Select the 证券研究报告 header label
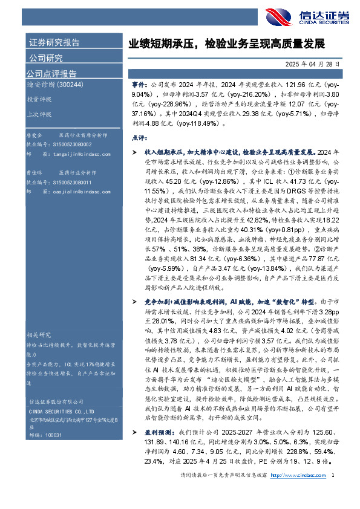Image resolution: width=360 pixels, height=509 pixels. pos(54,43)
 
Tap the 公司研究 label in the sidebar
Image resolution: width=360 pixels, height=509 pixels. pos(46,58)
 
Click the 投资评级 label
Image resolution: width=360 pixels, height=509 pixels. pos(38,100)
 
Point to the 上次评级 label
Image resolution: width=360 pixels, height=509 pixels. pos(38,113)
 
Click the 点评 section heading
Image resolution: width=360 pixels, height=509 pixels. pos(139,138)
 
